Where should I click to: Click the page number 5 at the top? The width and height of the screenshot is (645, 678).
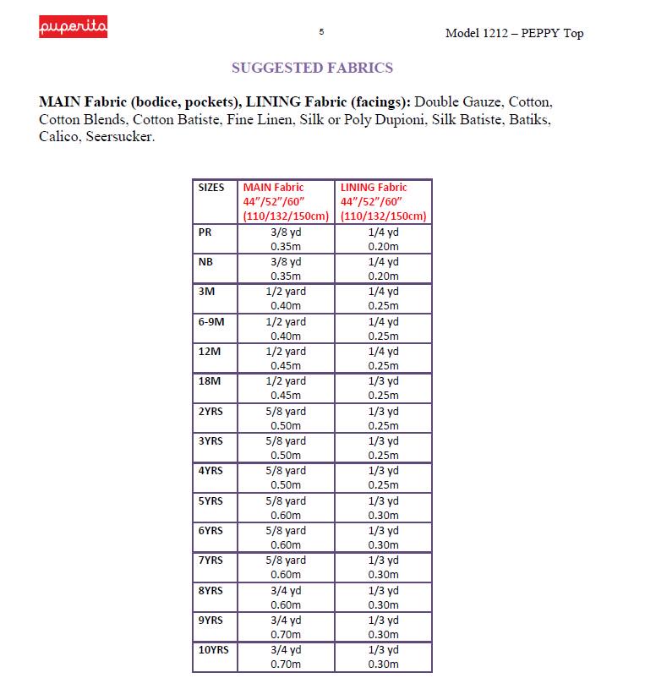[x=321, y=32]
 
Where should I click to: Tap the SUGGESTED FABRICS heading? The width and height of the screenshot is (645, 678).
[x=312, y=68]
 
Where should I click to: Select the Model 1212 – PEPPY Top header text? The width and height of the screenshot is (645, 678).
[x=514, y=34]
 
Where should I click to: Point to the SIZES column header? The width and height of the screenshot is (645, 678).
[x=211, y=188]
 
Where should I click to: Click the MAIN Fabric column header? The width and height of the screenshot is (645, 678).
[x=287, y=201]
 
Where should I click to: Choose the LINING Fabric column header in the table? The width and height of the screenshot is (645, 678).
[x=384, y=201]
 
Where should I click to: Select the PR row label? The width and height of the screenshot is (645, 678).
[x=205, y=232]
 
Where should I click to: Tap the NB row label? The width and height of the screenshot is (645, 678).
[x=205, y=262]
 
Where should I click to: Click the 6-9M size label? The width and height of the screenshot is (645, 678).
[x=211, y=322]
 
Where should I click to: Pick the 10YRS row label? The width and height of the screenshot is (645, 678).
[x=213, y=650]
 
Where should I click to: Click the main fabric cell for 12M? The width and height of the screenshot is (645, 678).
[x=286, y=358]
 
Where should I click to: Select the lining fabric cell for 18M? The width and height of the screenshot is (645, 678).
[x=383, y=388]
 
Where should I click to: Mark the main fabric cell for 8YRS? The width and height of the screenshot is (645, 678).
[x=286, y=598]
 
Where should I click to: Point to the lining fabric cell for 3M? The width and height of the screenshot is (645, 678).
[x=383, y=298]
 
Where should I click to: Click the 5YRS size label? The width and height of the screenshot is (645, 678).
[x=210, y=501]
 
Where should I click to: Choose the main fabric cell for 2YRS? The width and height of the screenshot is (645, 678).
[x=286, y=418]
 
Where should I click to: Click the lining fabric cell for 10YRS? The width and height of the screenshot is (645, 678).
[x=383, y=657]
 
